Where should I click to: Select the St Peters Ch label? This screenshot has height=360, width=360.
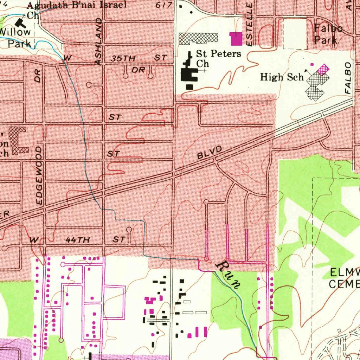218,58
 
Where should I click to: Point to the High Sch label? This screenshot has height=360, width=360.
282,77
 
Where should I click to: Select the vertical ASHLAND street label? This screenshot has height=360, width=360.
99,41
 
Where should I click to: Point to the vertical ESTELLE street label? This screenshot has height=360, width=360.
250,25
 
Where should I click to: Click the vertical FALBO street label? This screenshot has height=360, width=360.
348,78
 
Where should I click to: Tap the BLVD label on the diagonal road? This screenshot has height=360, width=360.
210,153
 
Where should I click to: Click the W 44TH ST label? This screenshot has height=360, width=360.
78,240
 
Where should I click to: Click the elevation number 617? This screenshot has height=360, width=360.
164,5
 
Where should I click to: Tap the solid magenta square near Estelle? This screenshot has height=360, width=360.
236,38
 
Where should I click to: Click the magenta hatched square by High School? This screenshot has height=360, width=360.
323,69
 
